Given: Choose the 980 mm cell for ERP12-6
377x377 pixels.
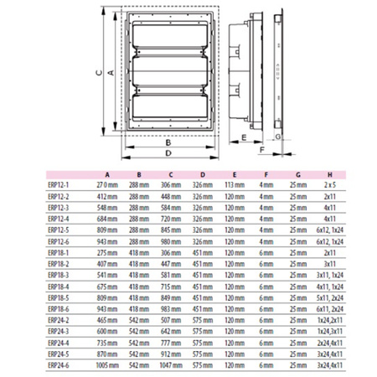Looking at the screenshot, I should tap(170, 240).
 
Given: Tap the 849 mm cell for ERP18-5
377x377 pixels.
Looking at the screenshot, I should tap(170, 297).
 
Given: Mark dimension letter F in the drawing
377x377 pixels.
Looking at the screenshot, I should tap(261, 149).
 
